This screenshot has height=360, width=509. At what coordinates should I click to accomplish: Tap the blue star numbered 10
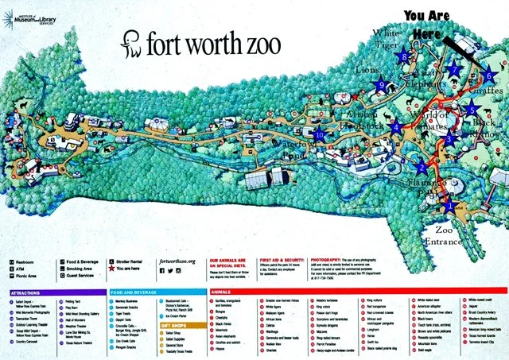320,134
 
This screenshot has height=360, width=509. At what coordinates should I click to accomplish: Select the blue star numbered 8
406,56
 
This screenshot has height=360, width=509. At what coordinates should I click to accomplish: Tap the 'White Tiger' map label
389,40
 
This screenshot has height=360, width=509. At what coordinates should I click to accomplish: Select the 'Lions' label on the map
369,70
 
